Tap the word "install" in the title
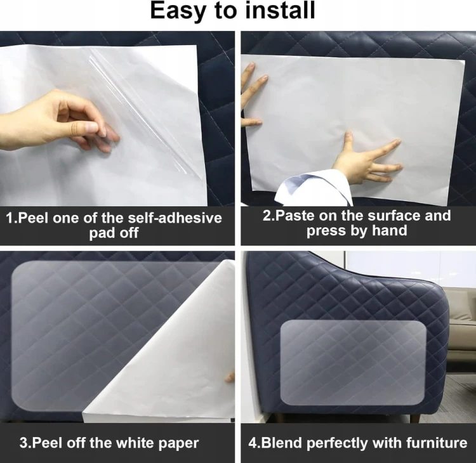[x=280, y=10]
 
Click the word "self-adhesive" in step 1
[x=175, y=218]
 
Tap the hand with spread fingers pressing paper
[x=369, y=159]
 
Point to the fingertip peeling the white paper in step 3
[x=230, y=377]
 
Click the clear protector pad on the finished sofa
[x=353, y=362]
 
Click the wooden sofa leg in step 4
[x=414, y=419]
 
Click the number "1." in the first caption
[x=12, y=218]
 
